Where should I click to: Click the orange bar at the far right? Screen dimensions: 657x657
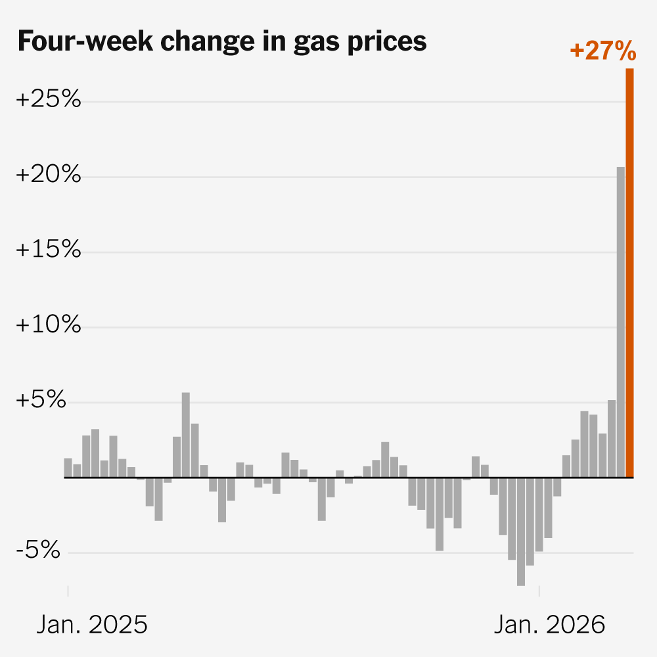click(629, 273)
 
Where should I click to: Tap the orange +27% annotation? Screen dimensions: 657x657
click(602, 51)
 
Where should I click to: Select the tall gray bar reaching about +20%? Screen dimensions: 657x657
click(620, 322)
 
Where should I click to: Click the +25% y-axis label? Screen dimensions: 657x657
click(48, 100)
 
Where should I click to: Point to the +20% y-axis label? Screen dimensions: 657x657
click(48, 175)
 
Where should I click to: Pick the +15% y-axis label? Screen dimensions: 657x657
click(48, 250)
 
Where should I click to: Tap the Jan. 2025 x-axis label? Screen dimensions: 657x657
click(92, 625)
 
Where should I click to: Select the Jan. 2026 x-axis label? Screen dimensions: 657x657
click(549, 625)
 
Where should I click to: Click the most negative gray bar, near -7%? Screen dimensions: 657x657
click(521, 531)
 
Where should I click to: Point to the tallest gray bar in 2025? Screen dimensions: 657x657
click(186, 434)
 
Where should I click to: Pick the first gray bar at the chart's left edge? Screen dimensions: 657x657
click(68, 468)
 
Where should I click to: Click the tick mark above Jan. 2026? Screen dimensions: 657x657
click(539, 591)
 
